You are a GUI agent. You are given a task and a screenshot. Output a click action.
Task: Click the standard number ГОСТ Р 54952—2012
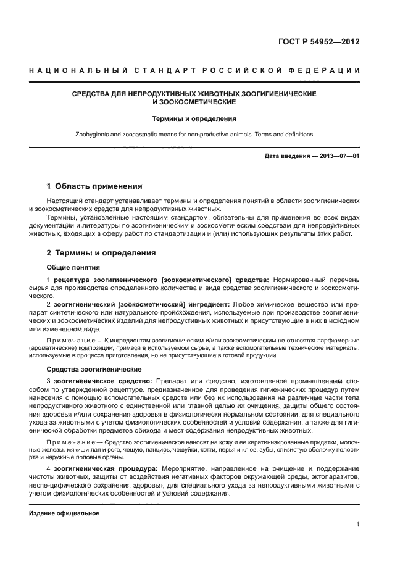pyautogui.click(x=321, y=43)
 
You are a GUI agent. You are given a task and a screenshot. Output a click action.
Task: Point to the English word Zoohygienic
pyautogui.click(x=94, y=134)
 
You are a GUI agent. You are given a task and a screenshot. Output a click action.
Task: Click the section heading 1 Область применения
pyautogui.click(x=94, y=186)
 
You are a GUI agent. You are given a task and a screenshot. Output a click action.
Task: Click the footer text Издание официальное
pyautogui.click(x=64, y=513)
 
